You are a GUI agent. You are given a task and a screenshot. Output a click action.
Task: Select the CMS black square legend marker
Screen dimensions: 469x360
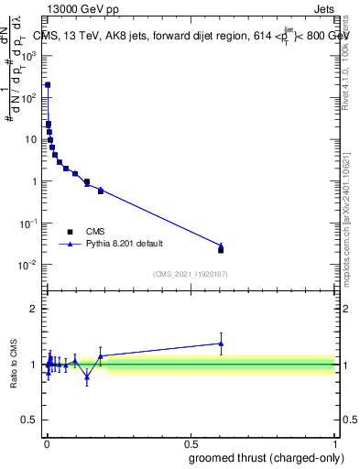[70, 232]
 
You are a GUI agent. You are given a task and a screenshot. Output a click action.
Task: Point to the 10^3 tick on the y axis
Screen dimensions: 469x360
[30, 55]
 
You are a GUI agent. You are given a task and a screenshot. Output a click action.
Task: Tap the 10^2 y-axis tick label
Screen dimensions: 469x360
[30, 97]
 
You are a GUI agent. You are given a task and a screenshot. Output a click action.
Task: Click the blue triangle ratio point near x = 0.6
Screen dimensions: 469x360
[221, 344]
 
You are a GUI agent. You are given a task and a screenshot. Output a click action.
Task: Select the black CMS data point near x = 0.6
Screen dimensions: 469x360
[221, 249]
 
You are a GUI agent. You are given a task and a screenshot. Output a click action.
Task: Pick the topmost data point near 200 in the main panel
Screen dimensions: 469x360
[48, 84]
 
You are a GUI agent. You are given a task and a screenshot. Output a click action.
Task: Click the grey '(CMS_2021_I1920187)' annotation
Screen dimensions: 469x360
[190, 274]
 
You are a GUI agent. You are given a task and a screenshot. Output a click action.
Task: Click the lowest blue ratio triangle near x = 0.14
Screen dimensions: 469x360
[87, 376]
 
